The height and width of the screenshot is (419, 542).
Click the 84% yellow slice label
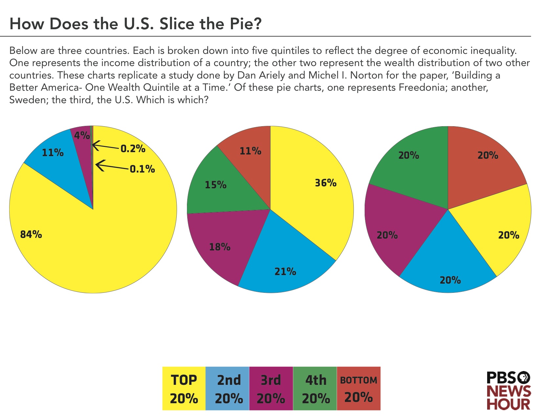pos(31,234)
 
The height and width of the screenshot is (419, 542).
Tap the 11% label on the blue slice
pos(53,152)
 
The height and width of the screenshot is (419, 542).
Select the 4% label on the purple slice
pos(82,135)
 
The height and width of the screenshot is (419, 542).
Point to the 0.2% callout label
pos(133,149)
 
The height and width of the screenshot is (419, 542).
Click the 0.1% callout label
pos(142,169)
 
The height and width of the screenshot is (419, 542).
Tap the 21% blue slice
pos(285,266)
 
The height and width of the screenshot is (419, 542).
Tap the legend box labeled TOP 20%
pos(184,388)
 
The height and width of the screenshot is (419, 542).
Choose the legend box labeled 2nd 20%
pos(227,388)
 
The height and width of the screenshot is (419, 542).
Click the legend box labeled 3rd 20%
pos(271,388)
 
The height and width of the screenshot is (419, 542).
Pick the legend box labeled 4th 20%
pos(315,388)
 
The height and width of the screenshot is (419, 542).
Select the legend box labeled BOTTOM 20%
pos(358,388)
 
